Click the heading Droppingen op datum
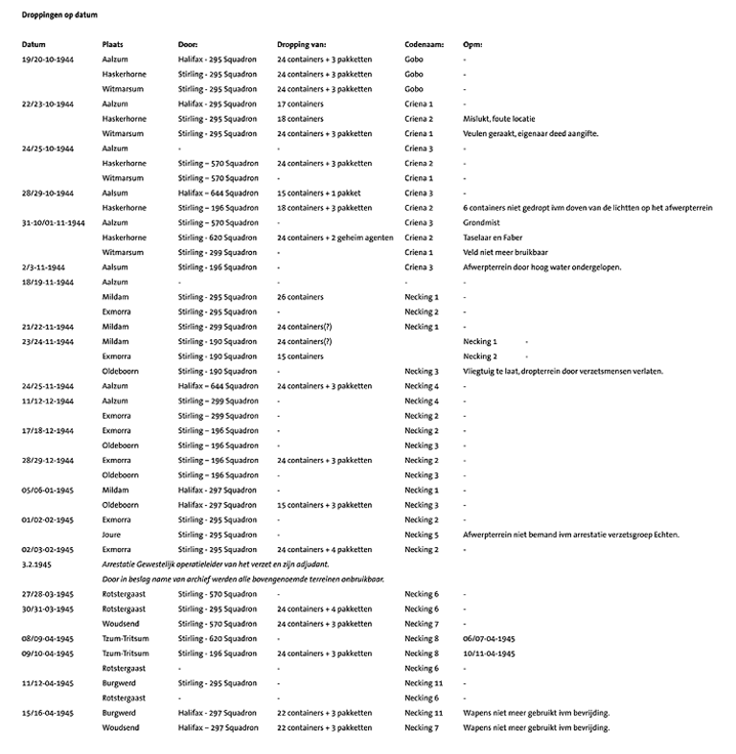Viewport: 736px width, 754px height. (58, 17)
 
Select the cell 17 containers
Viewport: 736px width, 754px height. (299, 103)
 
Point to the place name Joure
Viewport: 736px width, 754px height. (112, 535)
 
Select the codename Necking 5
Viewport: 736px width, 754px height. (422, 535)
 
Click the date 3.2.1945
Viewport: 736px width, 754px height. (37, 564)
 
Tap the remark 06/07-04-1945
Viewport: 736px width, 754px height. (489, 638)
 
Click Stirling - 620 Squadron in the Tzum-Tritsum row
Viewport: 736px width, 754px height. (218, 638)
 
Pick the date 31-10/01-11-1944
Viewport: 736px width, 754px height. (57, 222)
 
